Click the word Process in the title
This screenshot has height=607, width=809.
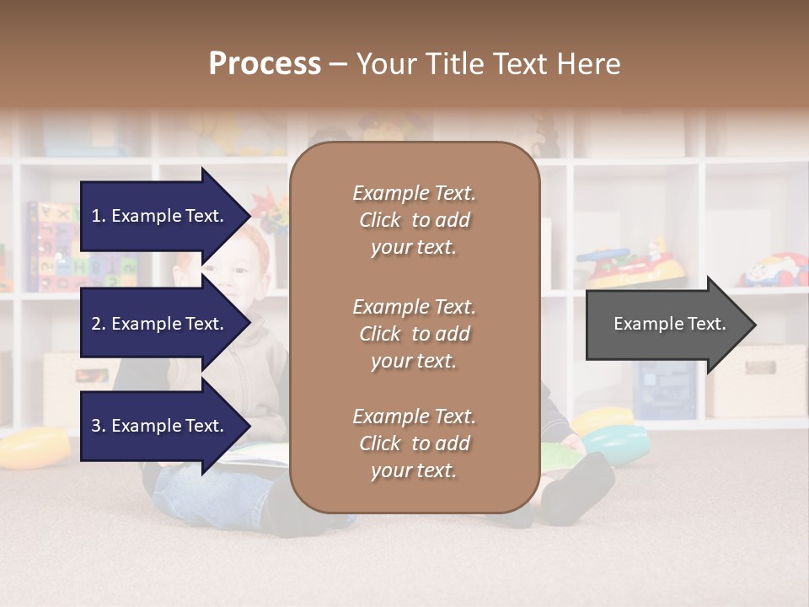(265, 64)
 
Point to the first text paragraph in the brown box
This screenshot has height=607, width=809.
(414, 220)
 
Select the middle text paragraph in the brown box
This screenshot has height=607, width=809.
(414, 334)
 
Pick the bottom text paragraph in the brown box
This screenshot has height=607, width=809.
(414, 443)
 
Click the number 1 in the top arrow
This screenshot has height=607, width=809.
(96, 216)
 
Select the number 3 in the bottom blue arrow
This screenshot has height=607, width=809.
(97, 427)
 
